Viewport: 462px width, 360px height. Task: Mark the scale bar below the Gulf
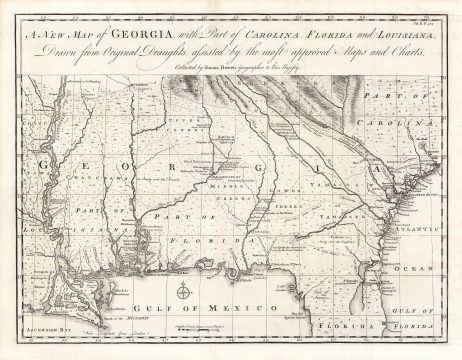point(210,330)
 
